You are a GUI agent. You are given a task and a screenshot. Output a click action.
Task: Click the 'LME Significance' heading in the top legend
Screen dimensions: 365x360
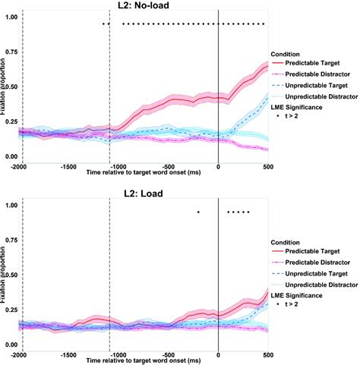300,108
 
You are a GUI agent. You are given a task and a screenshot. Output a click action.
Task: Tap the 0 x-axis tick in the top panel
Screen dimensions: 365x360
219,164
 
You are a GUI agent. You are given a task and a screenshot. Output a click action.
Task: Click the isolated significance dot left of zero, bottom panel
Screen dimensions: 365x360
197,212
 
